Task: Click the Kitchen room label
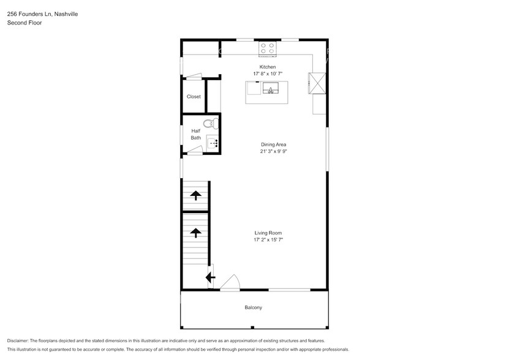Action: click(268, 67)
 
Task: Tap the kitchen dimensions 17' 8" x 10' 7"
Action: click(268, 74)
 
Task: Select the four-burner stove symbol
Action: click(268, 48)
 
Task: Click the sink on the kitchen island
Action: click(270, 89)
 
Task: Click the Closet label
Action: click(194, 97)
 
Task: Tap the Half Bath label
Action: click(195, 134)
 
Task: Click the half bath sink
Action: click(212, 144)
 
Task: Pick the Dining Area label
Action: click(273, 144)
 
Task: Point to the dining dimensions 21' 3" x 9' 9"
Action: click(273, 151)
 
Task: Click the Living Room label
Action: click(268, 233)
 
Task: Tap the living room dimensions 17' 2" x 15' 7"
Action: click(268, 240)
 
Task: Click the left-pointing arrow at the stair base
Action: click(210, 277)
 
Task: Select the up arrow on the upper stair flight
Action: click(195, 195)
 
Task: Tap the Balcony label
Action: click(254, 307)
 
